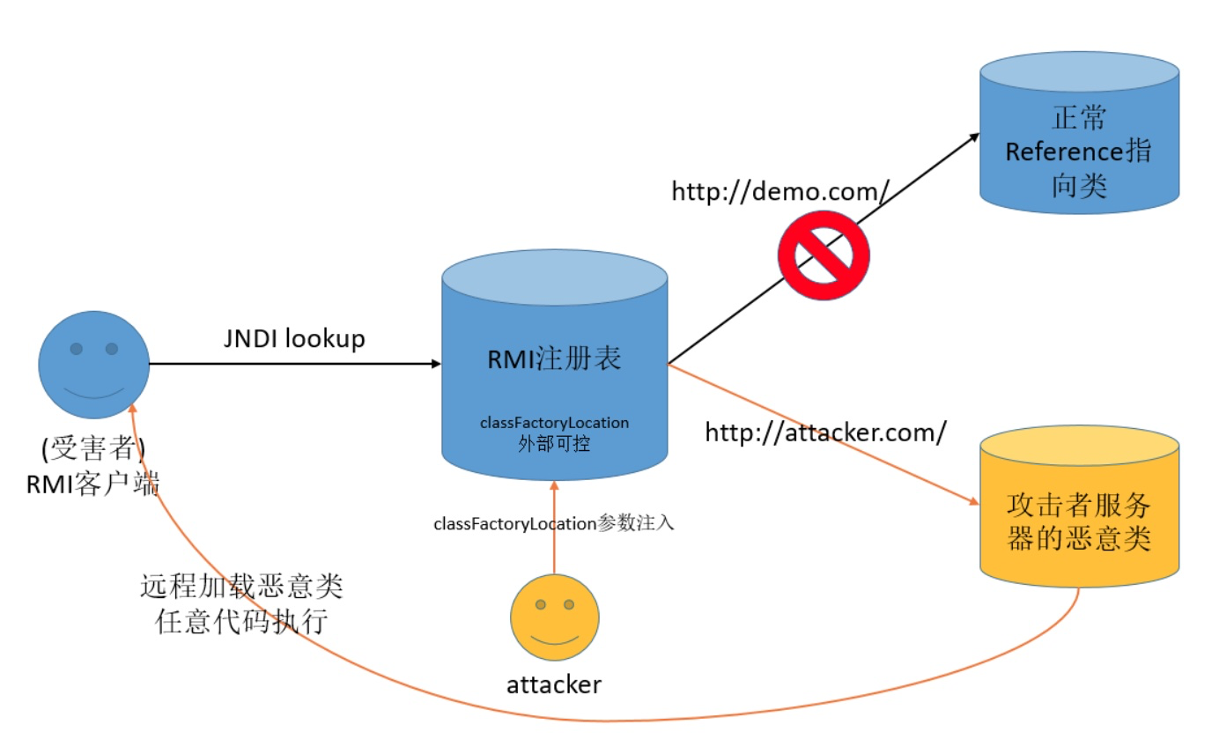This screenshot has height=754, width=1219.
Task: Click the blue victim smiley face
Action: click(x=93, y=365)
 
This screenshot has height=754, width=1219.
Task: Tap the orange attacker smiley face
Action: click(x=555, y=617)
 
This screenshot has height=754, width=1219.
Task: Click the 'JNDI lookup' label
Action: click(x=294, y=339)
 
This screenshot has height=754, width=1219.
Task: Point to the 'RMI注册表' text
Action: click(x=554, y=359)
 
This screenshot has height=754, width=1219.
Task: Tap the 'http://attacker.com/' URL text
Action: click(x=826, y=432)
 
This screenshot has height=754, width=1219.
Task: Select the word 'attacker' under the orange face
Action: click(x=554, y=684)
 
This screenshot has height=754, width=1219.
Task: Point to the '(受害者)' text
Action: click(x=92, y=449)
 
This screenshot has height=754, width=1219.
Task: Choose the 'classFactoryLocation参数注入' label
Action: click(x=554, y=523)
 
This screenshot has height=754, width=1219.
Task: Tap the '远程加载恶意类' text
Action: click(x=241, y=586)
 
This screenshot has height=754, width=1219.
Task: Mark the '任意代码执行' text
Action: click(x=241, y=622)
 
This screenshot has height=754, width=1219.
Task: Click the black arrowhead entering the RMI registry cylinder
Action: click(x=435, y=363)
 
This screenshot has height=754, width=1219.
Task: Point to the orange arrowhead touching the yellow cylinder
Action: click(x=973, y=503)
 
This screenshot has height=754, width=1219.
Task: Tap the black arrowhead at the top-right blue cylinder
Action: click(x=973, y=136)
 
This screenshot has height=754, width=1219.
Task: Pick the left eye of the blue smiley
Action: click(x=77, y=350)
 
